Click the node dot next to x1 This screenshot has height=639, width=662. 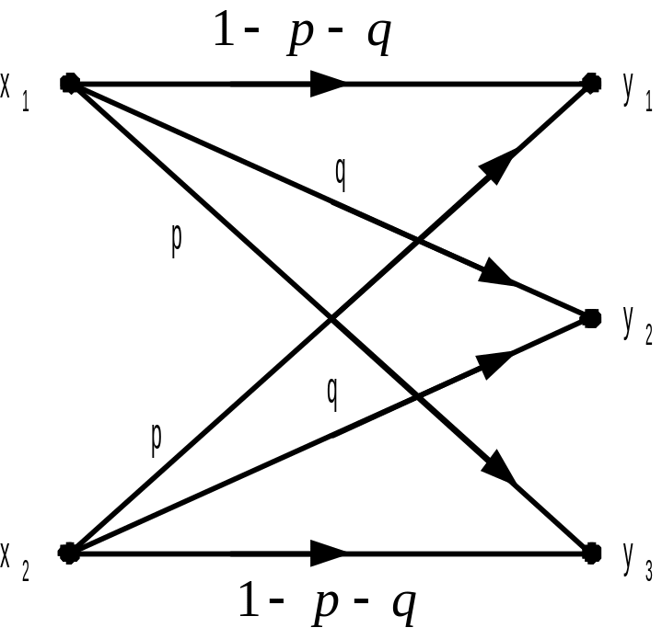(68, 84)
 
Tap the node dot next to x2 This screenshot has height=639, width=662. (68, 553)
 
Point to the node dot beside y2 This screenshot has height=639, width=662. (590, 318)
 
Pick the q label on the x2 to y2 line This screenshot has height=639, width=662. (332, 392)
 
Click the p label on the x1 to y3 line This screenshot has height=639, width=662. (177, 238)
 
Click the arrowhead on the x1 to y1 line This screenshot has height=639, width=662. (326, 85)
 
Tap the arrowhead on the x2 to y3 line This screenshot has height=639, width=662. (326, 553)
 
